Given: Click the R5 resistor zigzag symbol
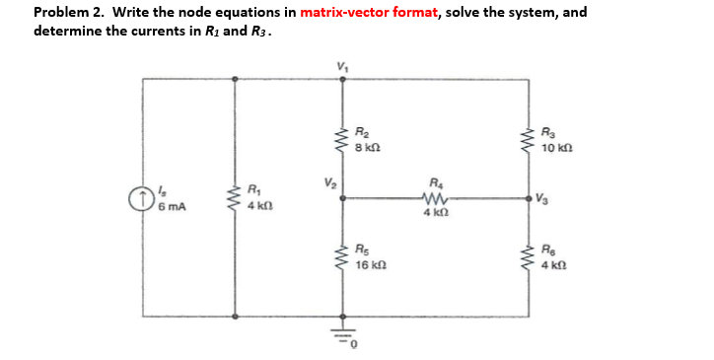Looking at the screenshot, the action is pos(343,258).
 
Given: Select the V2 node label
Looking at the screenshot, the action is pos(327,182).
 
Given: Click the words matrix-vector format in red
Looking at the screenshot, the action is pos(365,14).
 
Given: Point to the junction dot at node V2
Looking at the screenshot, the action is pos(343,197).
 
